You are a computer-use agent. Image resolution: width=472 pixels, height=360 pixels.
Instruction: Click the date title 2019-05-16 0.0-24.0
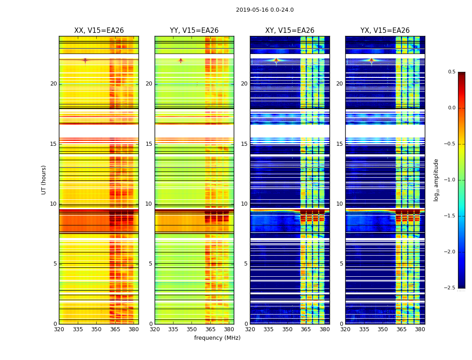265,10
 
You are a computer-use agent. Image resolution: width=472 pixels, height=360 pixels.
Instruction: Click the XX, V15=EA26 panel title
99,31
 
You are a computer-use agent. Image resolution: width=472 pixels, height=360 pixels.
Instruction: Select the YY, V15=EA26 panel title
194,31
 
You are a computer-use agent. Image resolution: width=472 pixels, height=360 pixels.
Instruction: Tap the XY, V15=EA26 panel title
289,31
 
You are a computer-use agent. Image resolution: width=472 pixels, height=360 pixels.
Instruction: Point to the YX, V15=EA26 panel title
385,31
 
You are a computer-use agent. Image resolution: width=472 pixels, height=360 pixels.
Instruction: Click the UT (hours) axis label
44,180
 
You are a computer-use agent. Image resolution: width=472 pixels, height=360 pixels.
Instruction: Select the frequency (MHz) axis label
217,338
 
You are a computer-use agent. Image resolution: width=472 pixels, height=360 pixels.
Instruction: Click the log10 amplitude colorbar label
436,180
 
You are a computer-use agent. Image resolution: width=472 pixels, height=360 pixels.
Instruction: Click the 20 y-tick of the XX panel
53,84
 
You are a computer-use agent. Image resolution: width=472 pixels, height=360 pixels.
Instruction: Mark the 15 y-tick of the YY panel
149,144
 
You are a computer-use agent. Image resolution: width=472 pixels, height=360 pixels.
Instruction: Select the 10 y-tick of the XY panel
245,204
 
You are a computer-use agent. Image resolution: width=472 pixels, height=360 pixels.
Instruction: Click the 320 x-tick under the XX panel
59,329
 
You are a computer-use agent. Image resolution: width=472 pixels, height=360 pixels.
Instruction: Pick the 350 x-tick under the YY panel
192,329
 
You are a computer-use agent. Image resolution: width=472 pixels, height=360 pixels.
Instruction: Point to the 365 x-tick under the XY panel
306,329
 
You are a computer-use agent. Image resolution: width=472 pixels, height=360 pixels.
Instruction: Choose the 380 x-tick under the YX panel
420,329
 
